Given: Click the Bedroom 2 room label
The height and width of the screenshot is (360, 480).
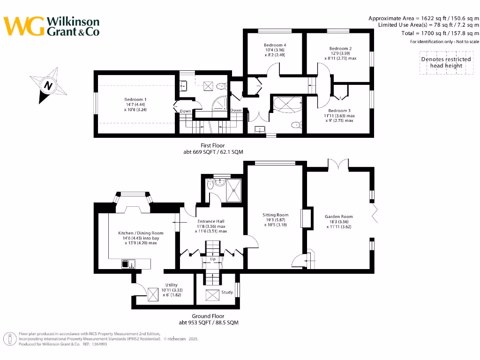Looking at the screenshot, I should point(340,48).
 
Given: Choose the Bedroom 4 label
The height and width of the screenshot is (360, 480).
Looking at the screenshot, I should point(275,45).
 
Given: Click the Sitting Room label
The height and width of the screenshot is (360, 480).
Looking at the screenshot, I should point(275,215).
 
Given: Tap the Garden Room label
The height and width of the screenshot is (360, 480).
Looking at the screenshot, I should point(339,217).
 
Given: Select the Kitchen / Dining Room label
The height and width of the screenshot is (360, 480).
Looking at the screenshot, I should point(134,233).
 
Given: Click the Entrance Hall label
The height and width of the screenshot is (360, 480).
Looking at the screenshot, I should point(210,221).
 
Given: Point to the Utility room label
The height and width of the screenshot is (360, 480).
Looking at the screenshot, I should point(172,285).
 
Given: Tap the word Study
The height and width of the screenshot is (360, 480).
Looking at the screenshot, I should point(227,292).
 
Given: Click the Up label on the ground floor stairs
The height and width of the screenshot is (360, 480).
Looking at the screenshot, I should point(212,259).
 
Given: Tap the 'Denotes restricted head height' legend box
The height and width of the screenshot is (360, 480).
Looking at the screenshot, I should point(445,62).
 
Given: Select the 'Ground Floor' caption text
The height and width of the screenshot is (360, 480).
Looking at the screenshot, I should point(208,316).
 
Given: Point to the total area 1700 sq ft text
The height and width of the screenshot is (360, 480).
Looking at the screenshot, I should point(440,33).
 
